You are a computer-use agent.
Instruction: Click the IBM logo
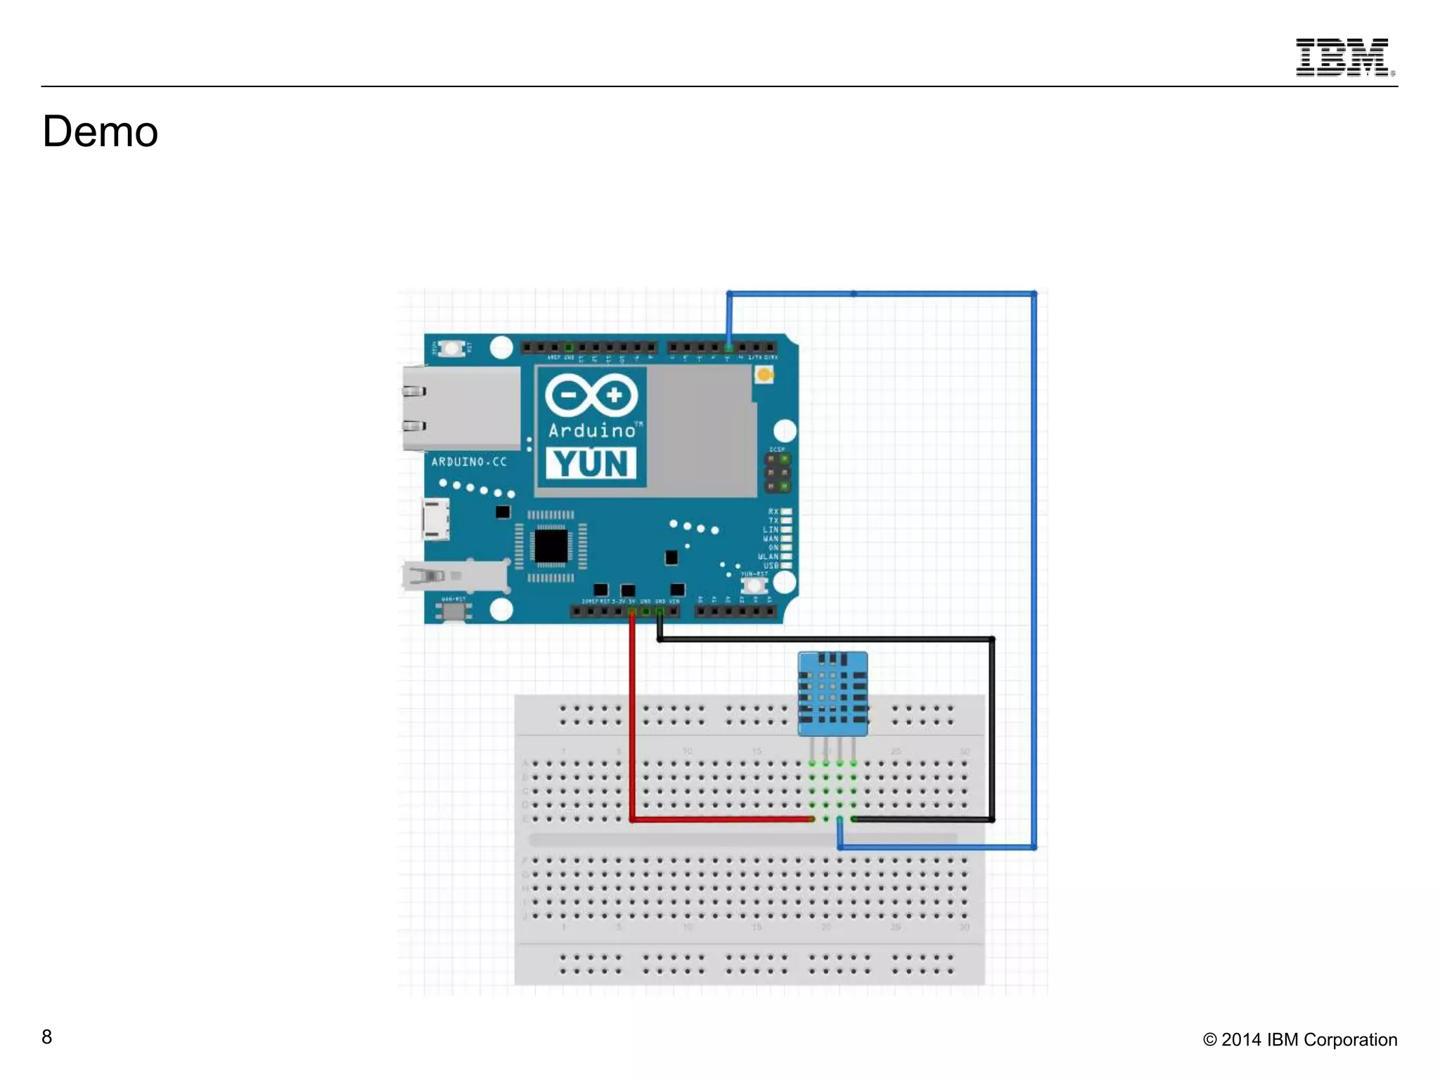pos(1344,57)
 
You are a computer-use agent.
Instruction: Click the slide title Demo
pos(101,131)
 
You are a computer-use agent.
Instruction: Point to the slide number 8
pos(46,1036)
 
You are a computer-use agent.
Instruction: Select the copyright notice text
pos(1299,1039)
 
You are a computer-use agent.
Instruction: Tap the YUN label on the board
pos(591,463)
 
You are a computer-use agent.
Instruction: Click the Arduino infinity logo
pos(591,394)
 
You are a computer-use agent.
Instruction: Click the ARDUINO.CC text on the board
pos(468,462)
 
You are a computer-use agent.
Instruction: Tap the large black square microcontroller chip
pos(551,546)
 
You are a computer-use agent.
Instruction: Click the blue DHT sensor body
pos(832,693)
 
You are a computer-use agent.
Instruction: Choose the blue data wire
pos(1034,562)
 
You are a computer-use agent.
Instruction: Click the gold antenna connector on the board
pos(764,375)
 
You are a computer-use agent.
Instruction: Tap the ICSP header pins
pos(778,472)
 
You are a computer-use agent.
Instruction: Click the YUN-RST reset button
pos(754,585)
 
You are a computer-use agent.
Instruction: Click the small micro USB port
pos(435,520)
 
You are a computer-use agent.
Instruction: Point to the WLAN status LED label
pos(769,556)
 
